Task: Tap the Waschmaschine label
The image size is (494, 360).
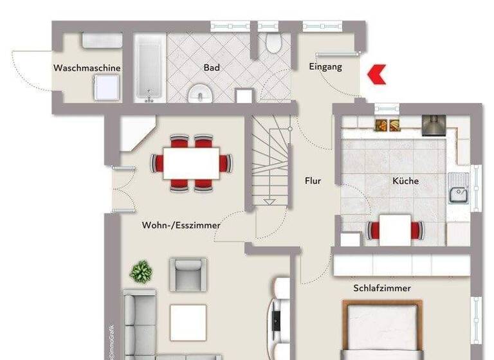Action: pyautogui.click(x=87, y=68)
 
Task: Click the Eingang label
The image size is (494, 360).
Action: pyautogui.click(x=325, y=67)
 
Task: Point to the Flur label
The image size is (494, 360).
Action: pyautogui.click(x=313, y=181)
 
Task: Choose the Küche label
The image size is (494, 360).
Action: pyautogui.click(x=405, y=181)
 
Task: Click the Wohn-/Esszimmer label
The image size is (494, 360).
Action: pyautogui.click(x=181, y=226)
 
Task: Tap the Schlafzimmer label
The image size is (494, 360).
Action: pyautogui.click(x=381, y=288)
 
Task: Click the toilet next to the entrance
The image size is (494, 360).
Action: pyautogui.click(x=273, y=43)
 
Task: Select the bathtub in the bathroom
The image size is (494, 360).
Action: pyautogui.click(x=150, y=67)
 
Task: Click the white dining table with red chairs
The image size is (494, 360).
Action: pyautogui.click(x=191, y=163)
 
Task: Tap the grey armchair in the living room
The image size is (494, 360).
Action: pyautogui.click(x=188, y=274)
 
